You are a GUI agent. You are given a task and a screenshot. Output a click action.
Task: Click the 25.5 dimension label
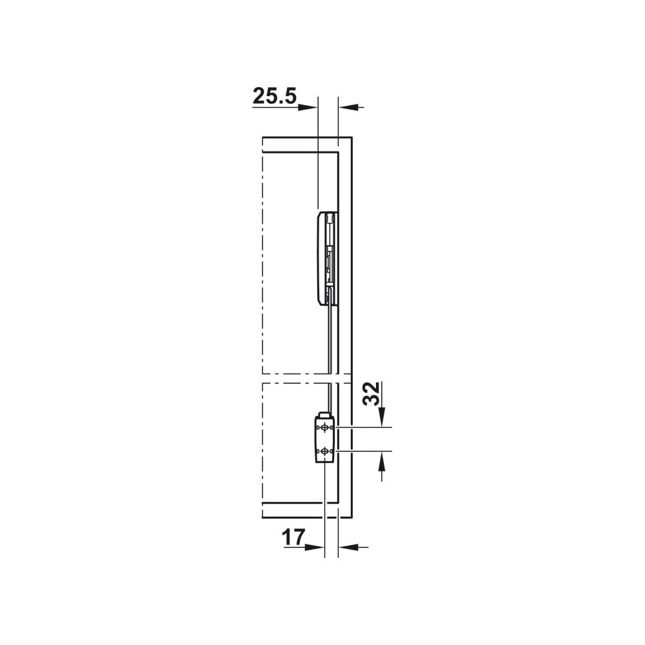(274, 96)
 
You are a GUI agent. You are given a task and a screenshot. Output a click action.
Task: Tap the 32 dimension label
(372, 393)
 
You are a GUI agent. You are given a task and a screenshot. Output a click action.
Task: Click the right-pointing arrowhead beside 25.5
(308, 107)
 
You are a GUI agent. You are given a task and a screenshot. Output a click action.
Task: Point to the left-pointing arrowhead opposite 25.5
(348, 107)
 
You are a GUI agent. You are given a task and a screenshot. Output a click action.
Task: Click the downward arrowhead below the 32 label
(382, 417)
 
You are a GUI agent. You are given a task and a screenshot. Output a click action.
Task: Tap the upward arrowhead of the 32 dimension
(382, 461)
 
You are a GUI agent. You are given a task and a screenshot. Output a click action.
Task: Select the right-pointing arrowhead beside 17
(315, 547)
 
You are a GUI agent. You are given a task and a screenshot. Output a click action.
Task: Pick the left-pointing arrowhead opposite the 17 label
(348, 547)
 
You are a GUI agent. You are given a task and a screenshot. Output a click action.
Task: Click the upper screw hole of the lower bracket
(325, 428)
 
